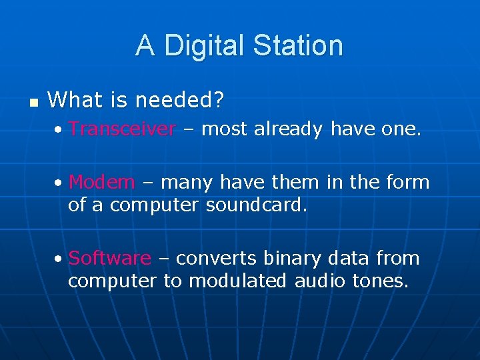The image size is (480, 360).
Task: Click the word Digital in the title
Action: (x=203, y=46)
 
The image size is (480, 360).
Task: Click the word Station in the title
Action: (x=297, y=46)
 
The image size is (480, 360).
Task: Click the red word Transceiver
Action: (x=122, y=129)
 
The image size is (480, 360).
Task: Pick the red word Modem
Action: (x=101, y=181)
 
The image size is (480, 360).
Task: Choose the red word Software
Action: (x=109, y=258)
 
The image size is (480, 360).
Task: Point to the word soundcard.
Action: (x=257, y=205)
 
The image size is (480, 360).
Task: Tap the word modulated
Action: (x=238, y=281)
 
